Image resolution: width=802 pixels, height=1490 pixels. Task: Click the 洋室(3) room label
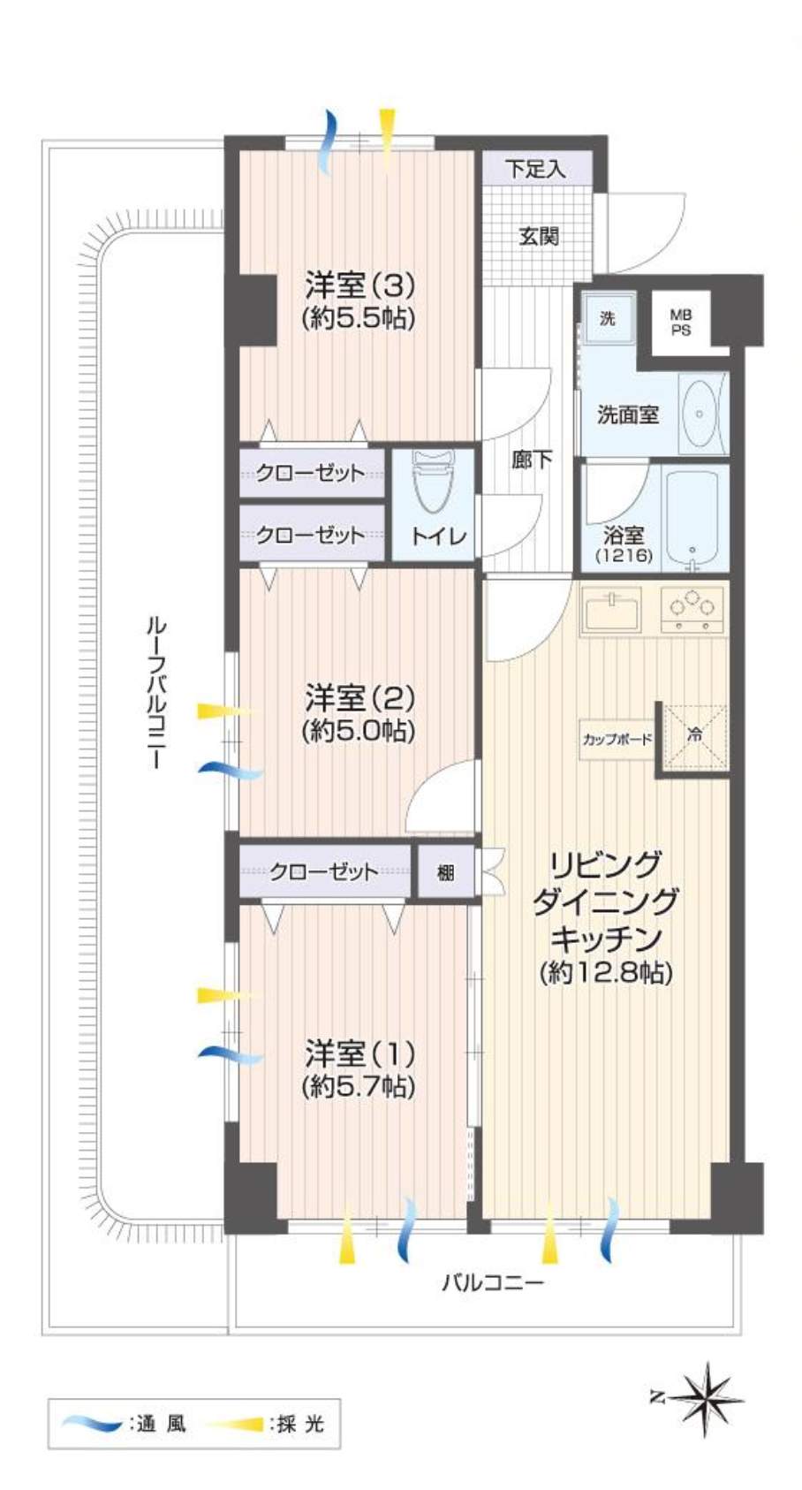pyautogui.click(x=359, y=286)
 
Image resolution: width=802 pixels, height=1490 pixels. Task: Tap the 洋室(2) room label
pyautogui.click(x=359, y=699)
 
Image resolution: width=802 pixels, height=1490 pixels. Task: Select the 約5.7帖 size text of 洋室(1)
pyautogui.click(x=359, y=1086)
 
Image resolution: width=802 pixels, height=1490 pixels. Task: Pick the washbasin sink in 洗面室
pyautogui.click(x=700, y=413)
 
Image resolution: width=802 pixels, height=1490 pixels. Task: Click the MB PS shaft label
pyautogui.click(x=680, y=323)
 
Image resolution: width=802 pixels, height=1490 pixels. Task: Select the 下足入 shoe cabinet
pyautogui.click(x=536, y=168)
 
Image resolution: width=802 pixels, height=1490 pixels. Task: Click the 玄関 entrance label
pyautogui.click(x=539, y=236)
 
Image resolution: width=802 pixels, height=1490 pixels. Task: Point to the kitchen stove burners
pyautogui.click(x=692, y=608)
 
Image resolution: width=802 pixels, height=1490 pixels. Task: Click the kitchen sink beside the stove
pyautogui.click(x=611, y=609)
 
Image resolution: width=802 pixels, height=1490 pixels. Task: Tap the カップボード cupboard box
pyautogui.click(x=617, y=738)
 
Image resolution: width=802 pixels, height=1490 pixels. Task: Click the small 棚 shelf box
pyautogui.click(x=445, y=871)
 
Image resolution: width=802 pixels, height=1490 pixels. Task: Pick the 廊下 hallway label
pyautogui.click(x=532, y=460)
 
